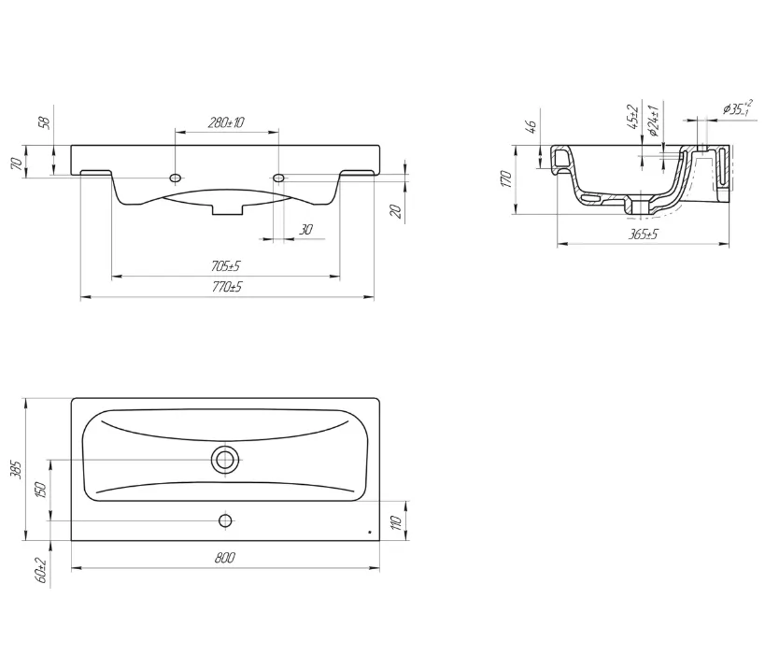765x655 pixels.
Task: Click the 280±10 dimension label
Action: (x=226, y=122)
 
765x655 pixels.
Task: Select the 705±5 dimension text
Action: (x=226, y=266)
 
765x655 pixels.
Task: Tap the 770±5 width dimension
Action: (x=227, y=287)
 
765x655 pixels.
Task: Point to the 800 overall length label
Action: (x=225, y=558)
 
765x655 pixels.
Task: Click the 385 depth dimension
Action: (x=17, y=469)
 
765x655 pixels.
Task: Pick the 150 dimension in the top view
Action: (x=40, y=490)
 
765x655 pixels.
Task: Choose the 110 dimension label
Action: (x=397, y=522)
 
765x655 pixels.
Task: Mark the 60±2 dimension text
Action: (x=41, y=570)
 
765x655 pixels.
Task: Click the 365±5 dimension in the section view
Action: (x=643, y=235)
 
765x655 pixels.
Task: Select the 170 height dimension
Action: (x=506, y=179)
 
